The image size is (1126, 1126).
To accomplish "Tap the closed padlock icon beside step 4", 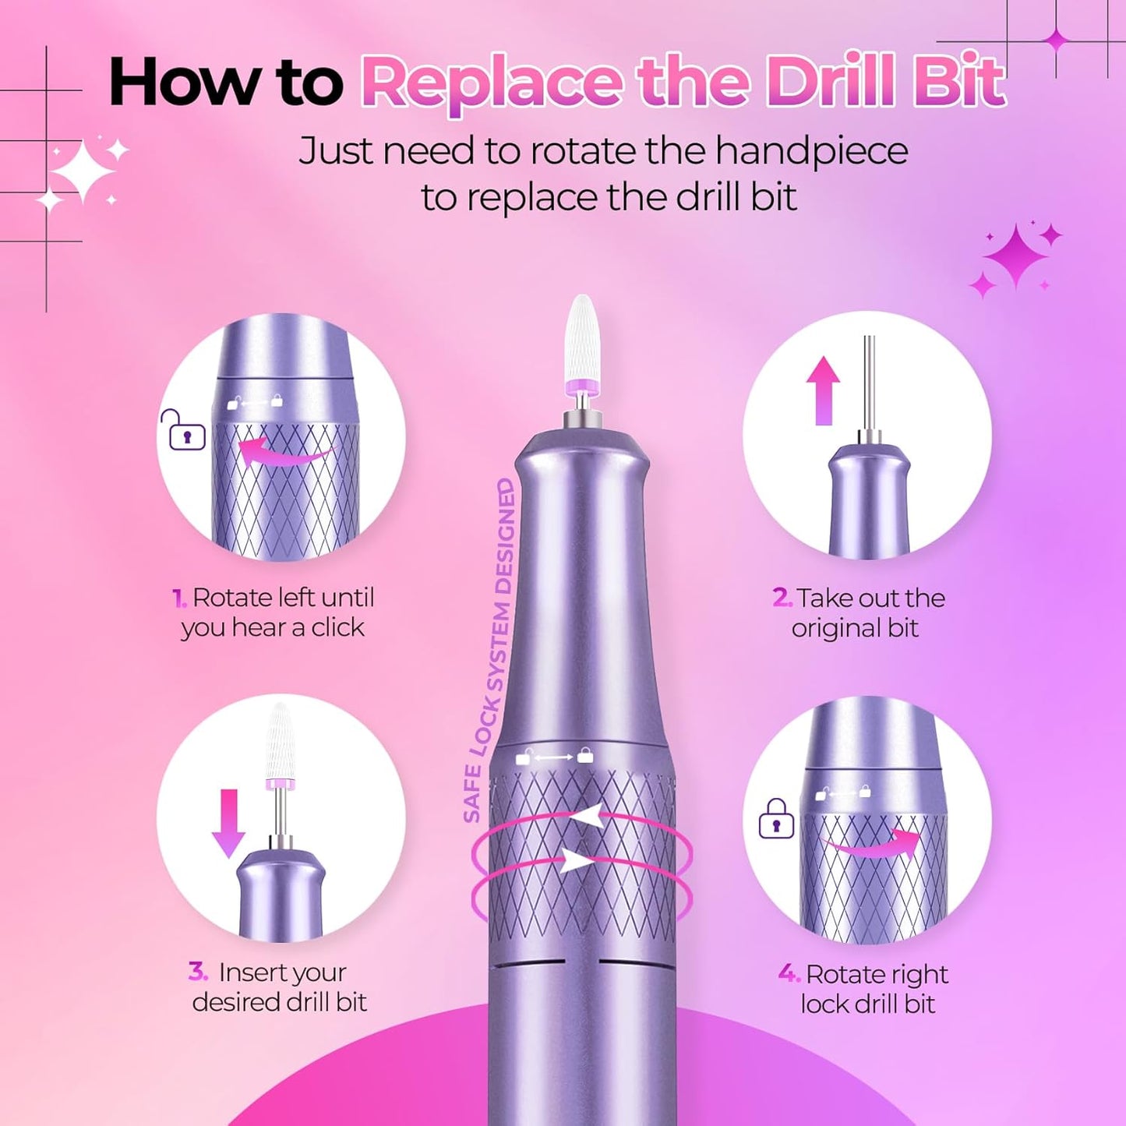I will (x=776, y=821).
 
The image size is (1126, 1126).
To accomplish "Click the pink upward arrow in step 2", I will (x=823, y=390).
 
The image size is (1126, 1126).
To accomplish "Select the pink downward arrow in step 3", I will (x=229, y=823).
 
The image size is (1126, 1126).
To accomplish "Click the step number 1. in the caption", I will (x=179, y=598).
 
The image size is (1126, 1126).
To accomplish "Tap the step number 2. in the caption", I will (x=782, y=598).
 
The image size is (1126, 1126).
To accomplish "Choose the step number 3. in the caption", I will (x=198, y=972).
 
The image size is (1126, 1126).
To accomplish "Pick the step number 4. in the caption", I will (x=789, y=973).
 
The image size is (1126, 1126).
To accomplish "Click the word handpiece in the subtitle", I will (x=811, y=151).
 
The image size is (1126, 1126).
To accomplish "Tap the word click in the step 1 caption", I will (x=337, y=627).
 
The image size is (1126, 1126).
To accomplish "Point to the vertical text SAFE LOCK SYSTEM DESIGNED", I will (x=491, y=651).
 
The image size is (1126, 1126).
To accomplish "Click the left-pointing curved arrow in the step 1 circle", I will (x=284, y=452).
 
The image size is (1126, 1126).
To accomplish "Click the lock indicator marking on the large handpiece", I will (x=555, y=757).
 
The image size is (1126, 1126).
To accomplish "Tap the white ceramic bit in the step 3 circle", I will (x=279, y=741).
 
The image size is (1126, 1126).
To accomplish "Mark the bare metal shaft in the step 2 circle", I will (x=869, y=382).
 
